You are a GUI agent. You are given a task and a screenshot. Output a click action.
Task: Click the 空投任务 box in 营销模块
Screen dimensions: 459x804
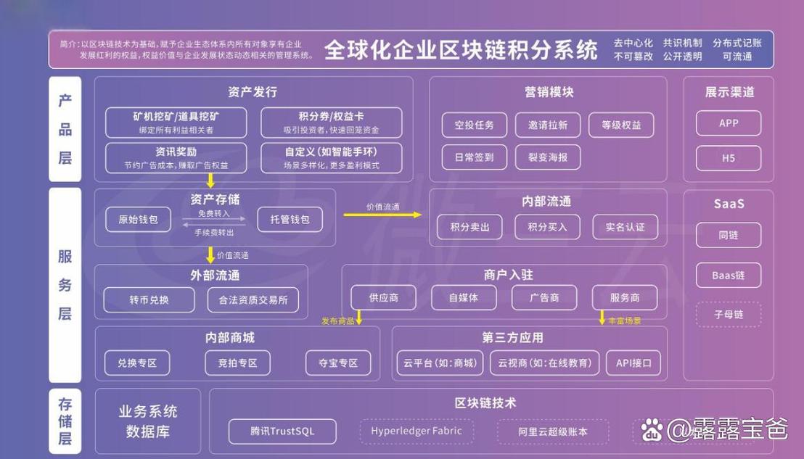coord(475,125)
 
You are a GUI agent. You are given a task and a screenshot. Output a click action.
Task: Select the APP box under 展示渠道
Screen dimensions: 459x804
coord(729,123)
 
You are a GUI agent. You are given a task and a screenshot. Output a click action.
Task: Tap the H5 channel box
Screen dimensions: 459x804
coord(729,158)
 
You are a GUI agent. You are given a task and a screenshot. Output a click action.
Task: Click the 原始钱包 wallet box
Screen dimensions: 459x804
coord(138,219)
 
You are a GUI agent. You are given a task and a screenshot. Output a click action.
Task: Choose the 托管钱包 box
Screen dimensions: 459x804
coord(290,219)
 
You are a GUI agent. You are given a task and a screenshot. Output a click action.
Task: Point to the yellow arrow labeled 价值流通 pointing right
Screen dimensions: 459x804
coord(382,215)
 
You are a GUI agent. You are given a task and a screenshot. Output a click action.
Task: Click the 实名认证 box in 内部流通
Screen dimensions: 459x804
coord(625,227)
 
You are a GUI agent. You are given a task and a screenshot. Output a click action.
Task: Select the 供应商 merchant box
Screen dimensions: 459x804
coord(383,297)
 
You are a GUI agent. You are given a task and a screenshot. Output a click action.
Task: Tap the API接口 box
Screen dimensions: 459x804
coord(633,363)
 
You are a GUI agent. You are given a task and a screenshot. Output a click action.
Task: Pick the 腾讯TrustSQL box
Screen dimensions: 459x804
coord(282,431)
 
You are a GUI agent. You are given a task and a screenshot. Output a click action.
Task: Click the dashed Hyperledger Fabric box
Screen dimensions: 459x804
coord(417,431)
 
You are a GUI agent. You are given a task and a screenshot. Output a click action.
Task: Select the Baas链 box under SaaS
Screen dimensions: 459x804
coord(729,276)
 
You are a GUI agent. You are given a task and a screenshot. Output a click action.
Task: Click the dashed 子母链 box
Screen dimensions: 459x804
coord(729,315)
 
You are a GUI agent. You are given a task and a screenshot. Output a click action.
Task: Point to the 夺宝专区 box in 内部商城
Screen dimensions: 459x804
coord(338,363)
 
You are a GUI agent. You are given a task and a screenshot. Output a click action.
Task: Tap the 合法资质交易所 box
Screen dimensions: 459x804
coord(253,299)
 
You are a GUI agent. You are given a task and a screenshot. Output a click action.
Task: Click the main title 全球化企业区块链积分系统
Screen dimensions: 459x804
coord(461,50)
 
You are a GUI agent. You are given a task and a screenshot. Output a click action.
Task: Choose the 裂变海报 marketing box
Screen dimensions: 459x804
coord(548,157)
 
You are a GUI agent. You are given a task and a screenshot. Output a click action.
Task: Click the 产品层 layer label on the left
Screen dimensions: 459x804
coord(65,129)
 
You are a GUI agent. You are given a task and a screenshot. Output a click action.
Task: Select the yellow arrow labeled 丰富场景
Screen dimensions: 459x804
coord(602,318)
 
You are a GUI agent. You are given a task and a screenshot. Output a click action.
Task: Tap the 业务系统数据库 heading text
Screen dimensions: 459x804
coord(148,421)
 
